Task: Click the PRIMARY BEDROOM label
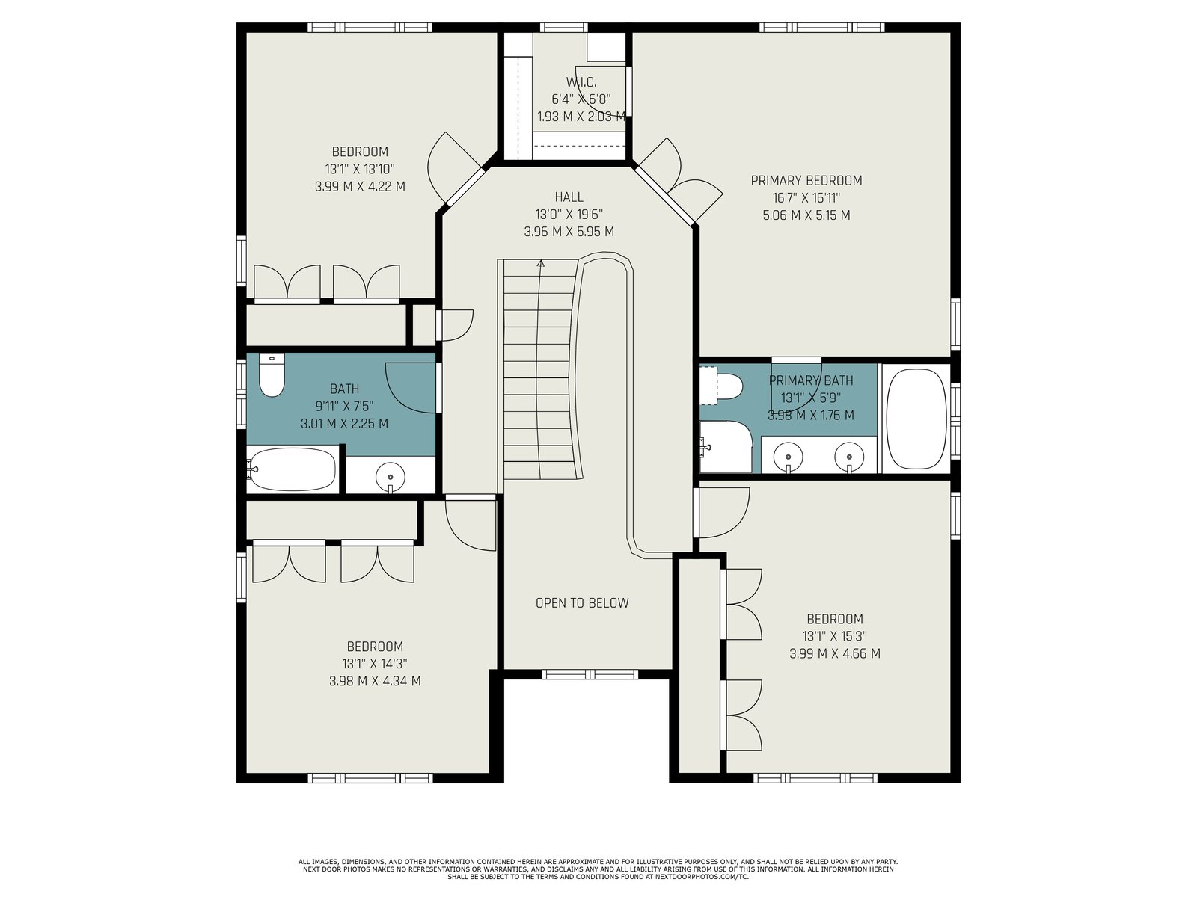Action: coord(806,180)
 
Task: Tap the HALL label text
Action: coord(569,197)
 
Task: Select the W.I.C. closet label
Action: coord(581,82)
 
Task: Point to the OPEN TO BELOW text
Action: coord(582,603)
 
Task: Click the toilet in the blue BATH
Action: coord(271,374)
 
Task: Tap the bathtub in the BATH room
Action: coord(293,469)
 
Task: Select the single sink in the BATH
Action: coord(391,478)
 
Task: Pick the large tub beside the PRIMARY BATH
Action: coord(916,419)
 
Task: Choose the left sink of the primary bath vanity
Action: coord(788,456)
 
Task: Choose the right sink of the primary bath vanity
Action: coord(849,456)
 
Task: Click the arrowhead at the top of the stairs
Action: coord(540,264)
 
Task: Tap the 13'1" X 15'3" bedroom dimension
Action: coord(834,636)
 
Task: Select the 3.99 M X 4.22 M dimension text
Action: coord(360,187)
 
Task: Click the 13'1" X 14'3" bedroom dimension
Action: coord(375,664)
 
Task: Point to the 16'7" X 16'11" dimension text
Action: coord(806,197)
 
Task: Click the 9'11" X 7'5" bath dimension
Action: coord(344,407)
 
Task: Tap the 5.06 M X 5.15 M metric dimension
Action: coord(806,215)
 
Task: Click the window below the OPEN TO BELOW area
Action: coord(590,674)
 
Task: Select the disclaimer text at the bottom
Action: coord(598,869)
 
